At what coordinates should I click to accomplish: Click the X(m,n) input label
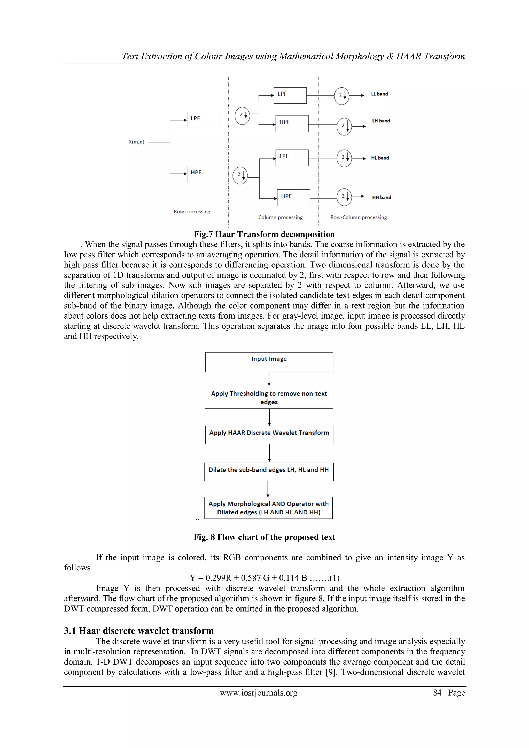tap(136, 142)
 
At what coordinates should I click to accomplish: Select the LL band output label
tap(379, 94)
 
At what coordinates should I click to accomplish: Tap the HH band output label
tap(382, 197)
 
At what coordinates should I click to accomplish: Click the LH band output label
tap(381, 121)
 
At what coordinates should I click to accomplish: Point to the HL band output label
tap(380, 158)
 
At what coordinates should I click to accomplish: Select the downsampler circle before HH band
tap(344, 197)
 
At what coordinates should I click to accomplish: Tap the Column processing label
tap(280, 217)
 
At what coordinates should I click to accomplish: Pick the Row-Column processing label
tap(358, 217)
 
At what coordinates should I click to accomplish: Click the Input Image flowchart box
tap(269, 362)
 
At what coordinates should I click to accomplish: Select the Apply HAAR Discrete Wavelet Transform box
tap(269, 435)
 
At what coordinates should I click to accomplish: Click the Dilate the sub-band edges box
tap(269, 472)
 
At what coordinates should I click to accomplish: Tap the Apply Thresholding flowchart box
tap(269, 398)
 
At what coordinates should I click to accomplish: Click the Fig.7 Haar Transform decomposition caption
tap(264, 234)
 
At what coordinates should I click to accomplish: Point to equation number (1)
tap(334, 578)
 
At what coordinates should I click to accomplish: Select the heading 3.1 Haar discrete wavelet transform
tap(139, 631)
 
